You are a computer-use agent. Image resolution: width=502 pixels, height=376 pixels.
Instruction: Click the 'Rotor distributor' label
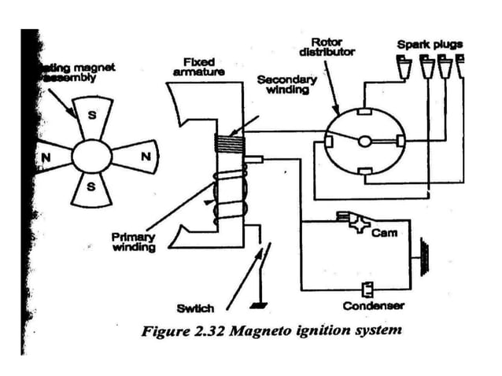[327, 46]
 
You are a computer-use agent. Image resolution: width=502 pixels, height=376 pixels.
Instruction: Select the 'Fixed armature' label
[198, 66]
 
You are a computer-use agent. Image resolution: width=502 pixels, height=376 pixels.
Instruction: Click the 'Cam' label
[384, 233]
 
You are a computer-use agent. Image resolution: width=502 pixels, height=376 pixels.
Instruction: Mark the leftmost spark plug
[404, 70]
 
